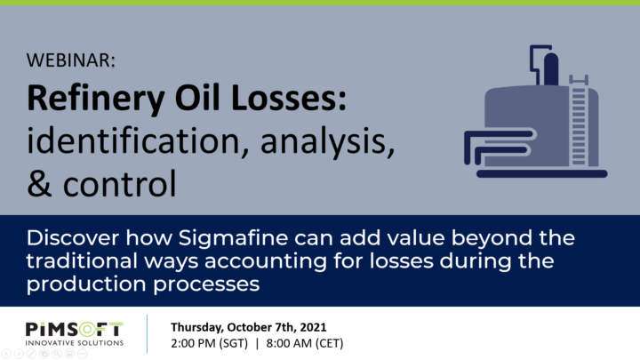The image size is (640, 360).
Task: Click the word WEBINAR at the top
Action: [70, 60]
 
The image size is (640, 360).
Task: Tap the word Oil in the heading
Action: [198, 98]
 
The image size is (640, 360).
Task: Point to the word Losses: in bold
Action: [289, 98]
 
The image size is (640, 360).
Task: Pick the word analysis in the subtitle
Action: [327, 141]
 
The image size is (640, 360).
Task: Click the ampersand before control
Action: [39, 184]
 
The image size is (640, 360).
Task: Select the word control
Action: [120, 183]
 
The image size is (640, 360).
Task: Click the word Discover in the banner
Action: [73, 237]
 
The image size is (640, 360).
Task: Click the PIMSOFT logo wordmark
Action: [75, 330]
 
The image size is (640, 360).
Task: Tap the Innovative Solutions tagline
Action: [75, 343]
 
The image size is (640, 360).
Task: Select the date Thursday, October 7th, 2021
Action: [249, 327]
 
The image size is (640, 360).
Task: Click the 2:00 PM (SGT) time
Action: [209, 343]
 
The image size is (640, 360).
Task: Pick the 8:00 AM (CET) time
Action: [305, 343]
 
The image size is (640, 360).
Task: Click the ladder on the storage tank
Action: [579, 120]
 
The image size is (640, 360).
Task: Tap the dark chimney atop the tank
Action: [551, 68]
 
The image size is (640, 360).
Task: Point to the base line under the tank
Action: [542, 174]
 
